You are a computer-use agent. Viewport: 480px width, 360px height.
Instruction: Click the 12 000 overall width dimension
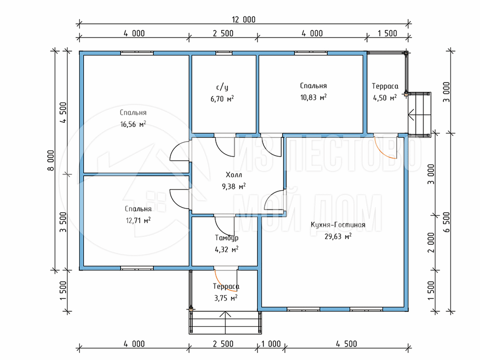coord(243,20)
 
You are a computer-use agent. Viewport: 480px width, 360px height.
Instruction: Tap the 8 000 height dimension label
coord(51,160)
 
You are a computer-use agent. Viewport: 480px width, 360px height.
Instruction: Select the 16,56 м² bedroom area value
coord(133,124)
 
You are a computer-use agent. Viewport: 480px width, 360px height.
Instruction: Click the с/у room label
coord(222,87)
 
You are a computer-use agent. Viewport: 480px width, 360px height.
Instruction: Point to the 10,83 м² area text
coord(313,97)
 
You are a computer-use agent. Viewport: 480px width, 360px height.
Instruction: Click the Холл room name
coord(234,175)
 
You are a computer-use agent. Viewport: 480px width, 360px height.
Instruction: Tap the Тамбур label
coord(226,238)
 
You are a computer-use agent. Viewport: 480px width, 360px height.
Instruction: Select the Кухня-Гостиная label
coord(338,225)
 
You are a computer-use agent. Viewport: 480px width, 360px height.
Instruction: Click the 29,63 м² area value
coord(338,236)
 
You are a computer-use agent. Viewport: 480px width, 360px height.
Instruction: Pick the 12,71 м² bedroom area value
coord(138,220)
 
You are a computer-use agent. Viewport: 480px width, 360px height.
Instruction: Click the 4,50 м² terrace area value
coord(385,98)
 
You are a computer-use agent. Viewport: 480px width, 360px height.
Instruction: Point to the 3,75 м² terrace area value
coord(226,298)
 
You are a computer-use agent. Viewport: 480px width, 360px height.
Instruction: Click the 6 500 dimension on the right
coord(447,222)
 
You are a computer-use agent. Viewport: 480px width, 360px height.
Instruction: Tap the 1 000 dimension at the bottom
coord(271,344)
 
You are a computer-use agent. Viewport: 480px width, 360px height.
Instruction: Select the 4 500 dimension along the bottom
coord(346,344)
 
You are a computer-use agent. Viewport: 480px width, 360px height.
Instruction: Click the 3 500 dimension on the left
coord(63,222)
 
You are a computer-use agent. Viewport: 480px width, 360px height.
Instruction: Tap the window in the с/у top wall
coord(224,53)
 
